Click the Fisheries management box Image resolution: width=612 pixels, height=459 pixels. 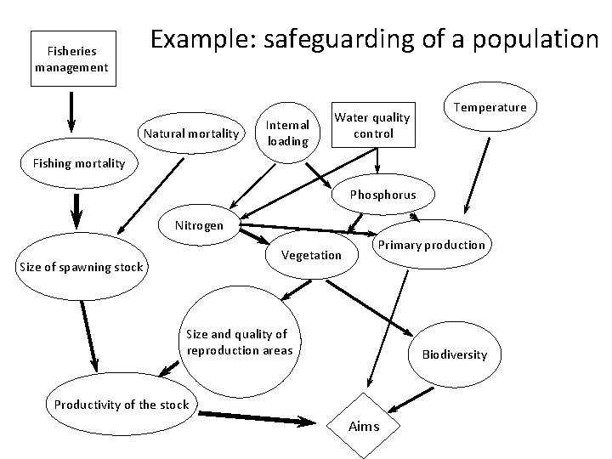(71, 59)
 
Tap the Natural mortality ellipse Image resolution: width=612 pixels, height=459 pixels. (191, 133)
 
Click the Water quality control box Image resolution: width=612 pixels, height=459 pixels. (371, 125)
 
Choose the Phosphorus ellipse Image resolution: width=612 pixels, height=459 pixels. (383, 195)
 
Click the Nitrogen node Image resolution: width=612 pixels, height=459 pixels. (199, 225)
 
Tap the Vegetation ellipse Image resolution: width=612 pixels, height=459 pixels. (311, 255)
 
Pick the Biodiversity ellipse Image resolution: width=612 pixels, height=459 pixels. (455, 354)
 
